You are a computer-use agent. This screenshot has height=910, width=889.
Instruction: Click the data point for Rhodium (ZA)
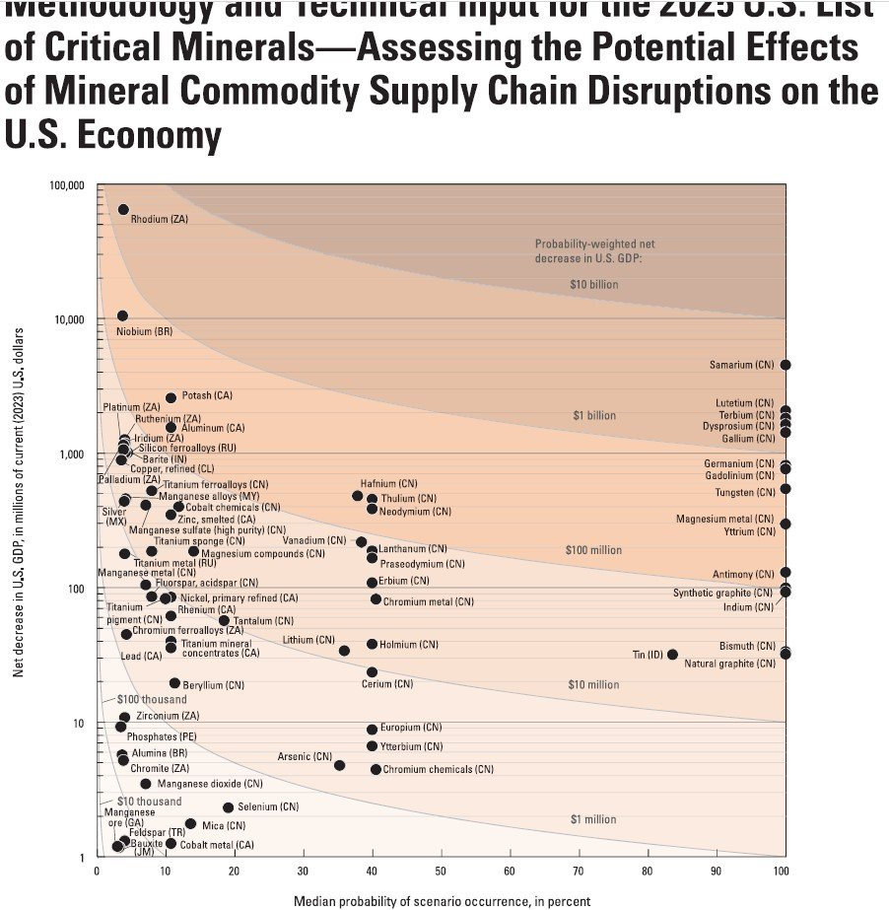point(123,210)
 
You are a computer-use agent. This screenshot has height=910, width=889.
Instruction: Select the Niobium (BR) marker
point(122,315)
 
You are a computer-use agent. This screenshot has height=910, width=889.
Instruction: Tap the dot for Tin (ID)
point(672,655)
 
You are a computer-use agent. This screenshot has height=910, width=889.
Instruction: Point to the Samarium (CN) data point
point(786,365)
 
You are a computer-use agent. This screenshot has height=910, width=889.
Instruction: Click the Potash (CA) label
point(207,395)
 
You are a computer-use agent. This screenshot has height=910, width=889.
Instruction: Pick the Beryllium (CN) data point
point(174,683)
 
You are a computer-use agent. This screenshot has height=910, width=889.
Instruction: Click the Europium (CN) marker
point(372,730)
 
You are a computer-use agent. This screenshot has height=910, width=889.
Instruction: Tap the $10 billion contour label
point(593,284)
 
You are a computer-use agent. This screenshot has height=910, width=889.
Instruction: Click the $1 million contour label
point(593,819)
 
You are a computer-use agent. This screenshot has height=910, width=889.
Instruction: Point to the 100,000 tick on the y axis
point(66,186)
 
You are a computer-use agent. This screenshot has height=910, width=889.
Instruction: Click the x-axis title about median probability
point(442,900)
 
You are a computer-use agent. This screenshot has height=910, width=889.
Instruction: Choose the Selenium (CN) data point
point(228,807)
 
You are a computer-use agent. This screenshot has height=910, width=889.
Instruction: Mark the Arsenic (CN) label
point(305,756)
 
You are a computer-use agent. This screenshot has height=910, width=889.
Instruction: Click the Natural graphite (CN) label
point(729,664)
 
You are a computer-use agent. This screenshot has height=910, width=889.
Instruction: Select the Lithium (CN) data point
point(344,651)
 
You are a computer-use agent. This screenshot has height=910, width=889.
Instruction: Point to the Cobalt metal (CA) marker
point(171,844)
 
